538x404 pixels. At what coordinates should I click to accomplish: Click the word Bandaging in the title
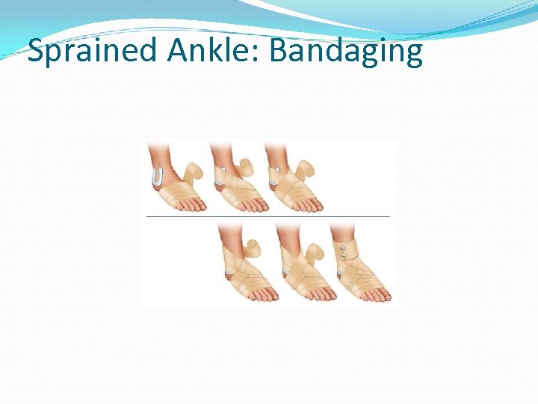click(x=345, y=52)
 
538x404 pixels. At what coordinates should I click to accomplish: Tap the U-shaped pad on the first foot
click(x=157, y=177)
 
